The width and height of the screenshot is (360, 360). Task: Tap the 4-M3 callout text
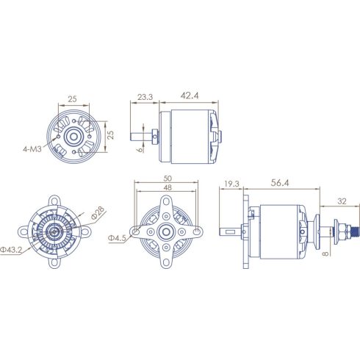click(x=32, y=148)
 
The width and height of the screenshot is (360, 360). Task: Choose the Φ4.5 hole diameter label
click(x=118, y=238)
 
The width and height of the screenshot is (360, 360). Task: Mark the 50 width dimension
click(x=168, y=179)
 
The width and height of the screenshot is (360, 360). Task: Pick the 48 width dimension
click(x=168, y=189)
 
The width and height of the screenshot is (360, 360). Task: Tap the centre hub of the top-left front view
click(x=73, y=136)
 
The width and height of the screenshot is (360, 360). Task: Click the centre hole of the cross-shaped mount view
click(x=168, y=232)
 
